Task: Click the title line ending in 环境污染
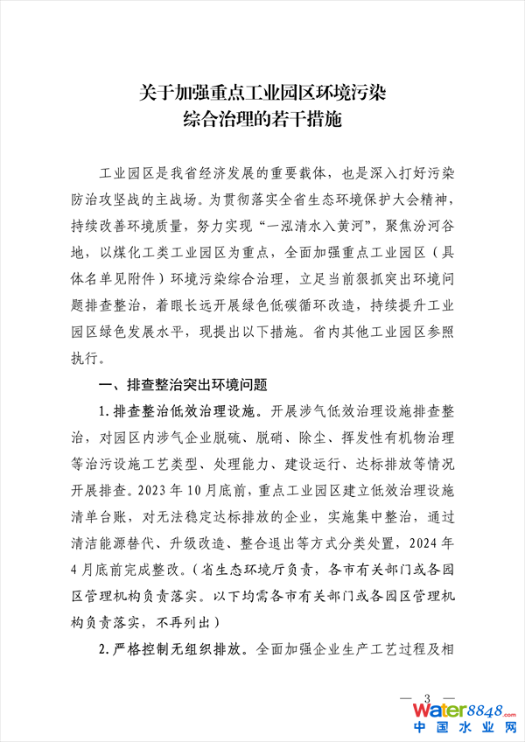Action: (x=262, y=90)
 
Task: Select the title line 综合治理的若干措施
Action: (x=262, y=118)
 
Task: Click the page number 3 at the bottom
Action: (x=427, y=696)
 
